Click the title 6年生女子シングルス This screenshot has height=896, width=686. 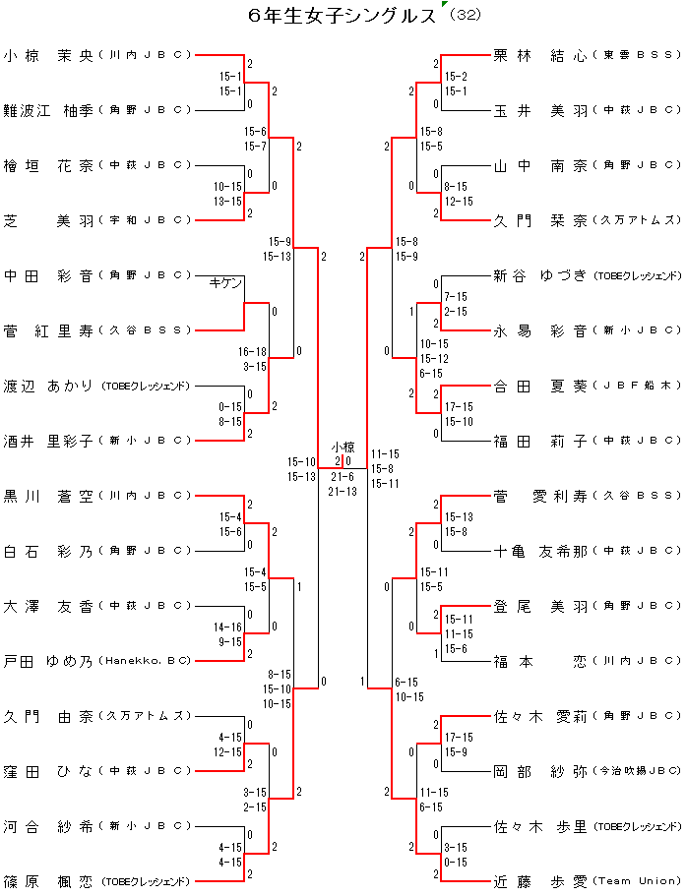click(343, 16)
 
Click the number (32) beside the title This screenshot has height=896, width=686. click(464, 17)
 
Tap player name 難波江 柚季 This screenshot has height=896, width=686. click(47, 110)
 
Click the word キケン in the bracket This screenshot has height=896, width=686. click(225, 283)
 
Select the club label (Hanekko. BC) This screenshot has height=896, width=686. click(145, 662)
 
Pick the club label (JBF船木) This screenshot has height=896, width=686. click(637, 387)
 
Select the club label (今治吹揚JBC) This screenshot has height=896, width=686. click(637, 772)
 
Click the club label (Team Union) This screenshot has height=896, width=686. click(637, 882)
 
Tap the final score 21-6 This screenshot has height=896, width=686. click(343, 476)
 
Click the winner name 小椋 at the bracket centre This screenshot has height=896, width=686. click(343, 448)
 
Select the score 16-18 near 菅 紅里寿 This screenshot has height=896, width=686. click(253, 350)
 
